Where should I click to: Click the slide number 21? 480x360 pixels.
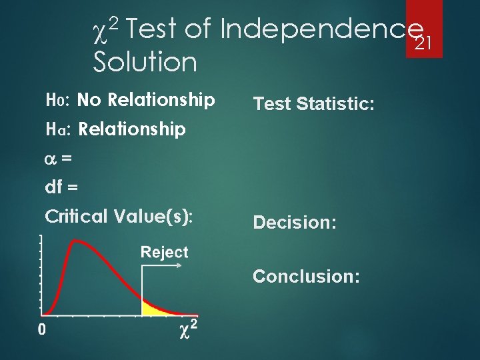pyautogui.click(x=424, y=44)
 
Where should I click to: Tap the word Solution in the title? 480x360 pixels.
pyautogui.click(x=145, y=63)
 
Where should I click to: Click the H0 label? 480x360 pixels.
pyautogui.click(x=55, y=101)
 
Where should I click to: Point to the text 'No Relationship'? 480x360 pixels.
pyautogui.click(x=146, y=101)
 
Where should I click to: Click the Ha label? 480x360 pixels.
pyautogui.click(x=56, y=129)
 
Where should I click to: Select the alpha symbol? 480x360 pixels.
pyautogui.click(x=49, y=159)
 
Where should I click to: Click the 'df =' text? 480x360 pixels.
pyautogui.click(x=61, y=187)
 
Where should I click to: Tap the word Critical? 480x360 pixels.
pyautogui.click(x=75, y=217)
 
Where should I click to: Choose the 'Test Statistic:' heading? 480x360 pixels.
pyautogui.click(x=313, y=103)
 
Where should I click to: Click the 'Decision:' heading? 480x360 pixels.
pyautogui.click(x=293, y=223)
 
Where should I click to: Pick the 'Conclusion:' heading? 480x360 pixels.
pyautogui.click(x=306, y=276)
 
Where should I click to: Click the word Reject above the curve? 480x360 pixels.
pyautogui.click(x=164, y=253)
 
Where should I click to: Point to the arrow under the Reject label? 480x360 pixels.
pyautogui.click(x=163, y=265)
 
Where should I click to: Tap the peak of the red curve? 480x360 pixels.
pyautogui.click(x=78, y=242)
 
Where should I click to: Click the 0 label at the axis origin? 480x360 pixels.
pyautogui.click(x=42, y=330)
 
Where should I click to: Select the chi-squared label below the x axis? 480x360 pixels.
pyautogui.click(x=189, y=330)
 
